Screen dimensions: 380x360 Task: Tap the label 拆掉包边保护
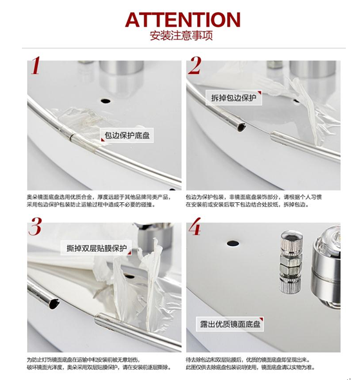pyautogui.click(x=234, y=98)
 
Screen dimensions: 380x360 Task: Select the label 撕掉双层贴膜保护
pyautogui.click(x=97, y=248)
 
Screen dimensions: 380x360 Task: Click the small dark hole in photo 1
pyautogui.click(x=104, y=101)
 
